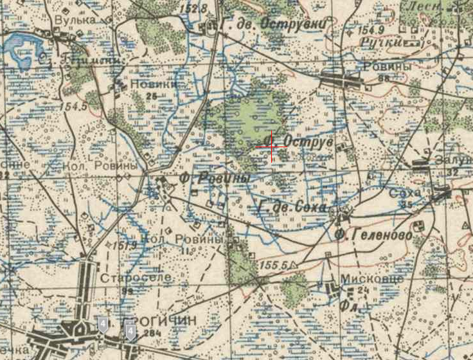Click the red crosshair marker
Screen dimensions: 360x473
pos(271,147)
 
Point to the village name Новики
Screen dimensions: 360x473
pos(153,84)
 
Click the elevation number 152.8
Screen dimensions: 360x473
pos(194,8)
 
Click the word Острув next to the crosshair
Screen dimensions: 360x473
pos(307,141)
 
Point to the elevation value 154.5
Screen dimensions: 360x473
pos(75,105)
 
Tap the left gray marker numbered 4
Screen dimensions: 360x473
pos(103,325)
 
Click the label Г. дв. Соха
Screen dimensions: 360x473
pos(293,208)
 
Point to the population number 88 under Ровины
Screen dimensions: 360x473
pos(385,78)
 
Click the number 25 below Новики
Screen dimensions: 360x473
pos(152,96)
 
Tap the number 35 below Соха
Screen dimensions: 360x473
pos(406,205)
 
